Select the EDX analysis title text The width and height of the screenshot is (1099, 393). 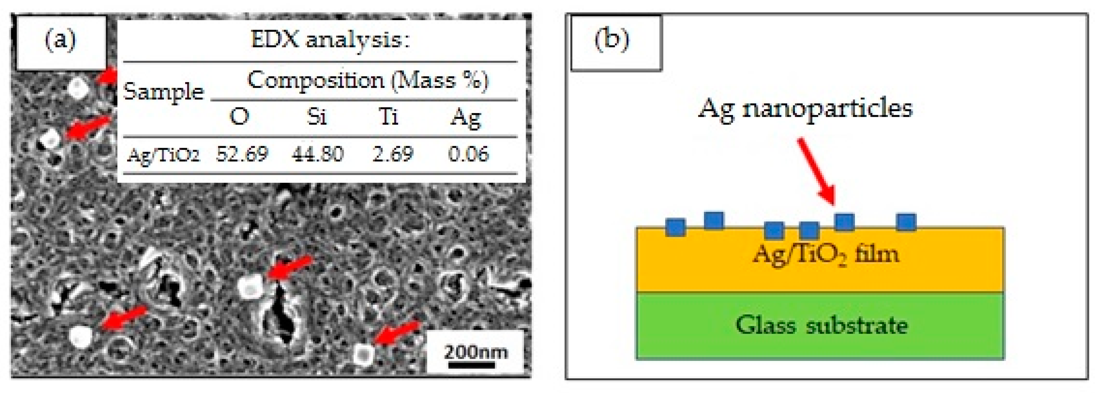[330, 41]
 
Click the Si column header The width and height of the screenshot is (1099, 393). [316, 116]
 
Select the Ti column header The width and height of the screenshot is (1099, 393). [388, 116]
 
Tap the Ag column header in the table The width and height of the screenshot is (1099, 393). [465, 117]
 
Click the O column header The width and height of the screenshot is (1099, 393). [239, 116]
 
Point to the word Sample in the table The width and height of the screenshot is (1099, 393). [164, 92]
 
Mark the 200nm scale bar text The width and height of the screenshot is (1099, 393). [476, 352]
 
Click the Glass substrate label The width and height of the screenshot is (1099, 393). [821, 325]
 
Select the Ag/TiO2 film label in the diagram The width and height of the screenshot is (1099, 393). [826, 255]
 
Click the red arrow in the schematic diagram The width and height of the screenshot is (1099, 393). [816, 171]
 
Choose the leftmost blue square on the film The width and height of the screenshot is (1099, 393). [675, 227]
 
